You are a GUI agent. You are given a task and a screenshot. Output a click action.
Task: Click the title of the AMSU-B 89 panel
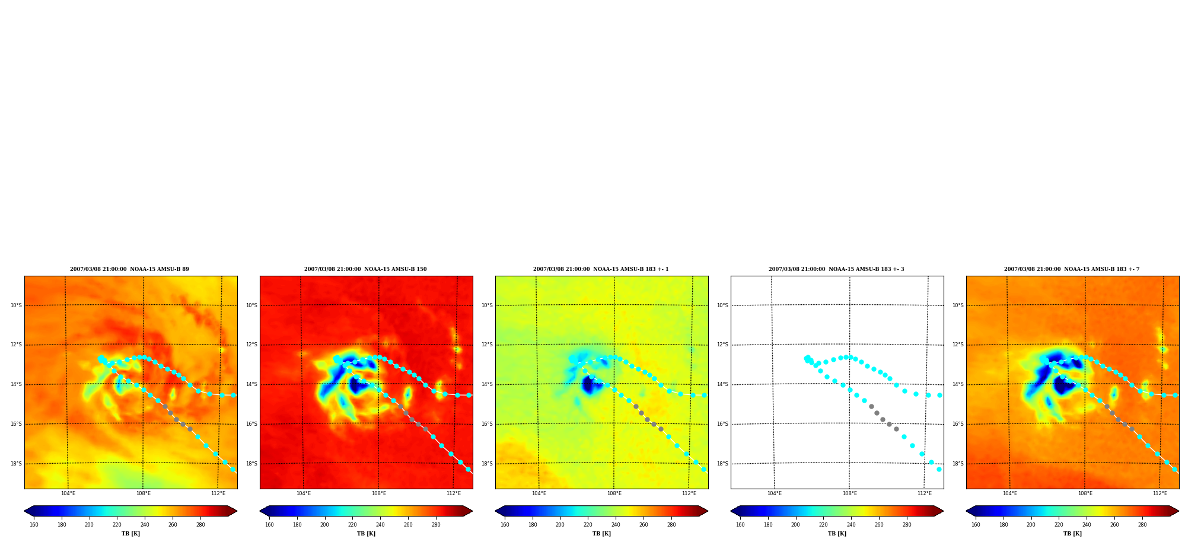pyautogui.click(x=129, y=269)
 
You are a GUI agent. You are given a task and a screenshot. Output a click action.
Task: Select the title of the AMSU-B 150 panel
pyautogui.click(x=365, y=269)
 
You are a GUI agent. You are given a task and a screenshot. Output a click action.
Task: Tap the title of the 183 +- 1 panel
pyautogui.click(x=601, y=269)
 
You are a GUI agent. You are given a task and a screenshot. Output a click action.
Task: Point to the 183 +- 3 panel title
pyautogui.click(x=836, y=269)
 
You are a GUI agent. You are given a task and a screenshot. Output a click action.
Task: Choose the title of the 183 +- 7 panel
pyautogui.click(x=1072, y=269)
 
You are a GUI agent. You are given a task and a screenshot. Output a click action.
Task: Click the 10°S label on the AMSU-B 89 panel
pyautogui.click(x=16, y=305)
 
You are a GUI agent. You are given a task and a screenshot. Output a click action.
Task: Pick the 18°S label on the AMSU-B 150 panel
pyautogui.click(x=251, y=464)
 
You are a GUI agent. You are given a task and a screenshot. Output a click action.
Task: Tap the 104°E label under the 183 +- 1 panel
pyautogui.click(x=539, y=493)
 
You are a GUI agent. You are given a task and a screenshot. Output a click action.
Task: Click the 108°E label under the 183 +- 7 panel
pyautogui.click(x=1085, y=493)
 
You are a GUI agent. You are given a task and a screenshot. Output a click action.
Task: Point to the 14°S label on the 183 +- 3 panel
pyautogui.click(x=722, y=384)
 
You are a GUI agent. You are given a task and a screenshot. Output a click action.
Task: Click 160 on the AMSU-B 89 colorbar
pyautogui.click(x=34, y=525)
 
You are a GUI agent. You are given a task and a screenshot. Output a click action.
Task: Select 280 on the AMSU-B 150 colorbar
pyautogui.click(x=436, y=525)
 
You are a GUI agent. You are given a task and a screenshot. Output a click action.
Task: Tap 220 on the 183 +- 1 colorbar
pyautogui.click(x=588, y=525)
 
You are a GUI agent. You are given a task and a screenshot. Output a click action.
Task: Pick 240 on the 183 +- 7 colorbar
pyautogui.click(x=1087, y=525)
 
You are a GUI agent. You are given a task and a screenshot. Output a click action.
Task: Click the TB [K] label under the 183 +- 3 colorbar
pyautogui.click(x=837, y=534)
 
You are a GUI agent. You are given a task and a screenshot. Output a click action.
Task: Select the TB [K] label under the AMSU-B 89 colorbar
pyautogui.click(x=130, y=534)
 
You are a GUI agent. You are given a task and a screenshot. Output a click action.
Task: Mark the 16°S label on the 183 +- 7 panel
pyautogui.click(x=958, y=424)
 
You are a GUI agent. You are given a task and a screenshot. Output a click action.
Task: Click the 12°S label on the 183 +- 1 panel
pyautogui.click(x=487, y=345)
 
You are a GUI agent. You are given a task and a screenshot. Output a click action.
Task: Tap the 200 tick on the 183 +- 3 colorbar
pyautogui.click(x=795, y=525)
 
